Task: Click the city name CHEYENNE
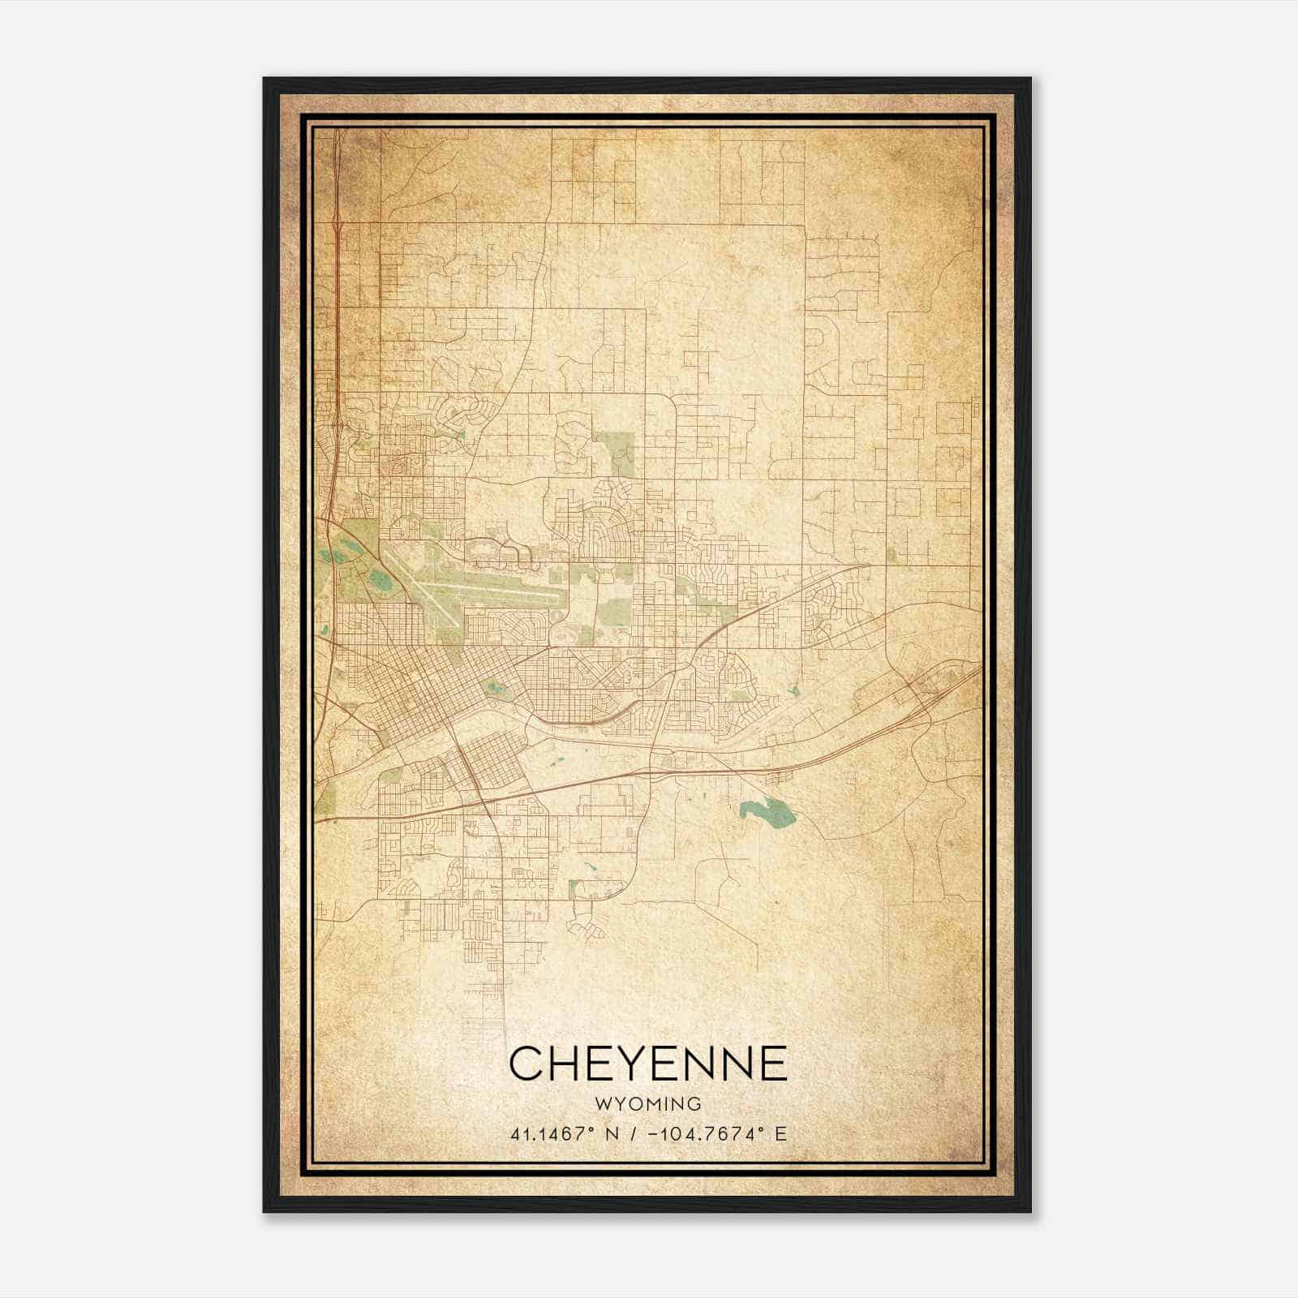pos(648,1063)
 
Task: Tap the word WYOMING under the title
pos(648,1104)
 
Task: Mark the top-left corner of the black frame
pos(264,79)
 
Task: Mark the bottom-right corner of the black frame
pos(1030,1211)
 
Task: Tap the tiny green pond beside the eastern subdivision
pos(793,692)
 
